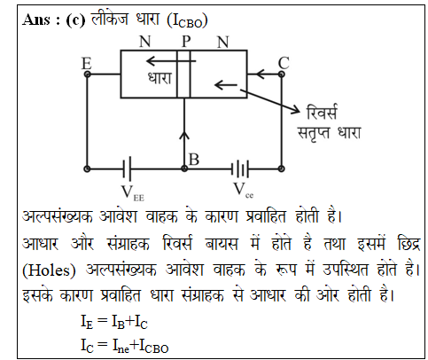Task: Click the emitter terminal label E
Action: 87,63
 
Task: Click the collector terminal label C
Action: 284,63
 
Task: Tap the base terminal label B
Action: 194,160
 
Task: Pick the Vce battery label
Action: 244,191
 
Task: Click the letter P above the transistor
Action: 186,42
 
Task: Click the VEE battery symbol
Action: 128,168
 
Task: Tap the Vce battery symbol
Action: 240,169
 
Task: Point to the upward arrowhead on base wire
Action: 184,136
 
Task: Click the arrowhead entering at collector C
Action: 260,74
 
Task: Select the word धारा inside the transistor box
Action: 160,78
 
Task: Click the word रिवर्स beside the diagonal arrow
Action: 321,113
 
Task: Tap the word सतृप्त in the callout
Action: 313,133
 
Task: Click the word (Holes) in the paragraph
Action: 49,270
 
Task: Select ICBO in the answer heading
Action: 188,21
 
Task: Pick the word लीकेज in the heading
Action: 110,19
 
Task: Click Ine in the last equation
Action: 121,346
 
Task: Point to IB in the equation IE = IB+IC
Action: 118,322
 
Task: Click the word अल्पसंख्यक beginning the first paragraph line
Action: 58,216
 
